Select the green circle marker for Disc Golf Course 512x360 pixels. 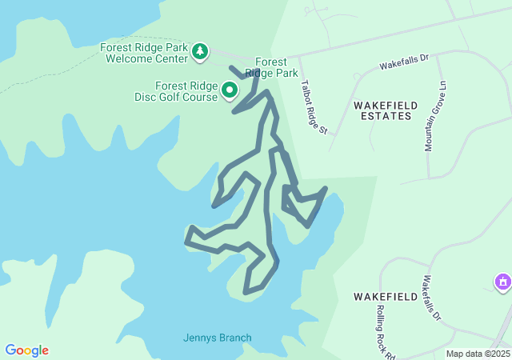pyautogui.click(x=230, y=90)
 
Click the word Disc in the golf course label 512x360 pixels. pyautogui.click(x=145, y=98)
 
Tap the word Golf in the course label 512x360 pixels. pyautogui.click(x=170, y=98)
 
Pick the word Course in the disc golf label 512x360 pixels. pyautogui.click(x=201, y=98)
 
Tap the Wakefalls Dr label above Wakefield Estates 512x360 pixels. pyautogui.click(x=404, y=60)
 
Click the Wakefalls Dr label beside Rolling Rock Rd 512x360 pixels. pyautogui.click(x=432, y=298)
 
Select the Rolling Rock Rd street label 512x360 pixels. pyautogui.click(x=386, y=331)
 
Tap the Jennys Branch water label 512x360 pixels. pyautogui.click(x=217, y=338)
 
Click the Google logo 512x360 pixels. pyautogui.click(x=26, y=350)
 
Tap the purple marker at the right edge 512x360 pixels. pyautogui.click(x=502, y=282)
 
